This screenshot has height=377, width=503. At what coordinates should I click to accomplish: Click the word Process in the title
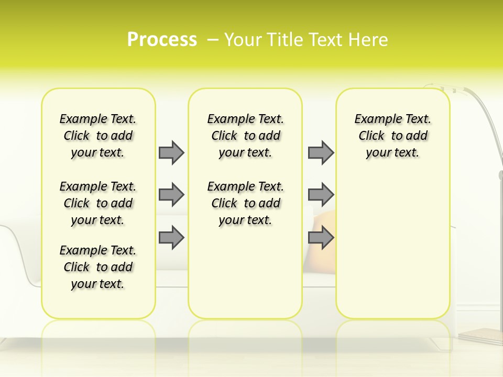tap(162, 39)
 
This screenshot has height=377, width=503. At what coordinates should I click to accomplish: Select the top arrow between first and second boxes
tap(171, 152)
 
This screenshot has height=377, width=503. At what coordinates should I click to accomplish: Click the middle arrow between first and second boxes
tap(171, 195)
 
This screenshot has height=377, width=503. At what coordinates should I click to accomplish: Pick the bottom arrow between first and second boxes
tap(171, 237)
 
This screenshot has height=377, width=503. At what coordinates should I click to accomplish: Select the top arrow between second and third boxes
tap(321, 152)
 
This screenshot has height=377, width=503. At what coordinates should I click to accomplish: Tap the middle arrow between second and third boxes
tap(321, 195)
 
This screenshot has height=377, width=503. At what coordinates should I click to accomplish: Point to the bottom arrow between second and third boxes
tap(321, 237)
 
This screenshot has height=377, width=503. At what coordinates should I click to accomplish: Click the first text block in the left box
tap(98, 136)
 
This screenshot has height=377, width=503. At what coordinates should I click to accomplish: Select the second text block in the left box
tap(98, 203)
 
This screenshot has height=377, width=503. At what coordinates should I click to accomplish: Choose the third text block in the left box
tap(98, 267)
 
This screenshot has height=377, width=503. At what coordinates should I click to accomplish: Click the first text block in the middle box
tap(246, 136)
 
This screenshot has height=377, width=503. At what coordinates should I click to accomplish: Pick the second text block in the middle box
tap(246, 203)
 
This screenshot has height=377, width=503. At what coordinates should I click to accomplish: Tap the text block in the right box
tap(393, 136)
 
